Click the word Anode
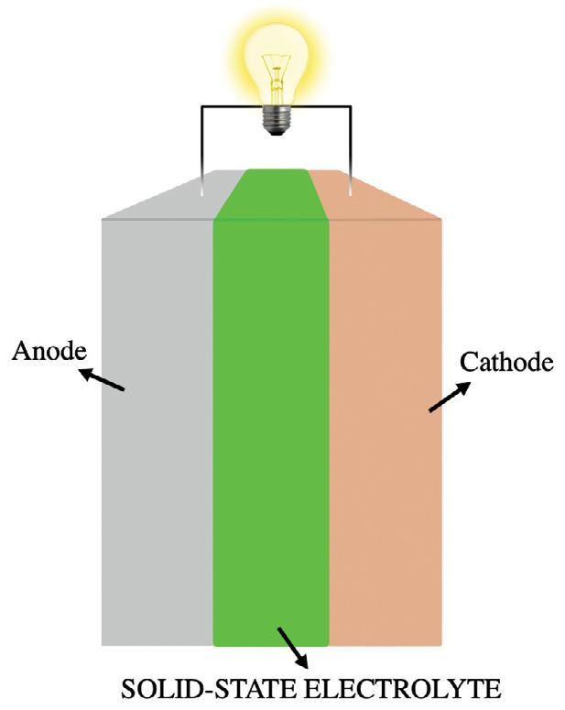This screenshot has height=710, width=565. [47, 353]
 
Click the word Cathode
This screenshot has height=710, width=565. [506, 362]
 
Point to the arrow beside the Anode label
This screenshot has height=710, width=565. [101, 380]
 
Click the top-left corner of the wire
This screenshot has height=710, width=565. [202, 107]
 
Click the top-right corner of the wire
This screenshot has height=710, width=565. [349, 107]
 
